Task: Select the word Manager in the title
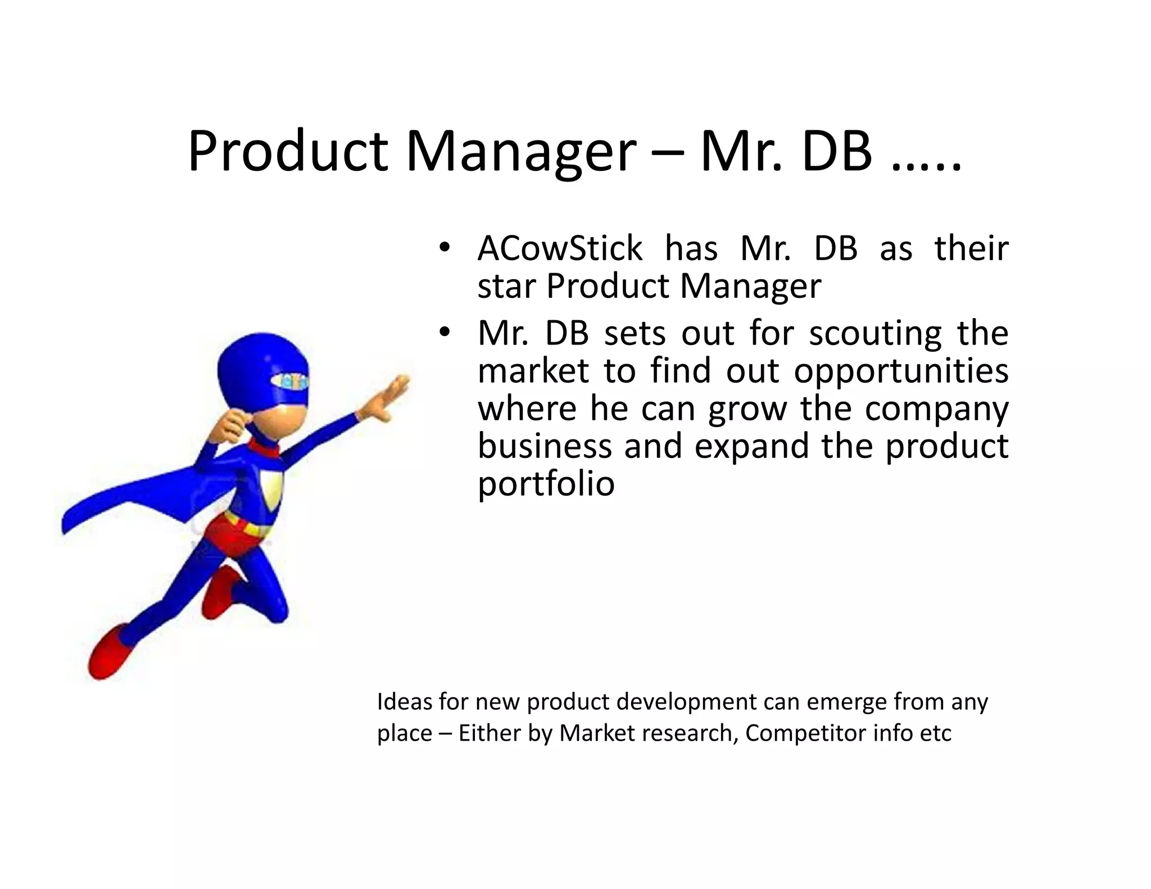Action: (x=521, y=152)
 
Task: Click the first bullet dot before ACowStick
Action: (x=445, y=248)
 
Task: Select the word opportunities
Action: (x=901, y=371)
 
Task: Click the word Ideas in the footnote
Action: (x=404, y=701)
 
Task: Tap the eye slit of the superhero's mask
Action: (x=289, y=382)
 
